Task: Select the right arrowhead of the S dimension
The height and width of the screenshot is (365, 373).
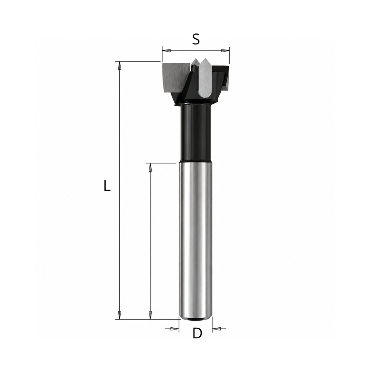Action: point(225,50)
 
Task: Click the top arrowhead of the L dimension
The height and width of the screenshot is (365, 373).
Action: point(120,66)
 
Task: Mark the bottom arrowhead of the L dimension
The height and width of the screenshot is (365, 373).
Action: point(120,315)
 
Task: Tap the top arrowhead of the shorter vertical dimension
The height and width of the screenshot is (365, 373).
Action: point(150,167)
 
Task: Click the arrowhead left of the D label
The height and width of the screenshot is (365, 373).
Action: point(175,329)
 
